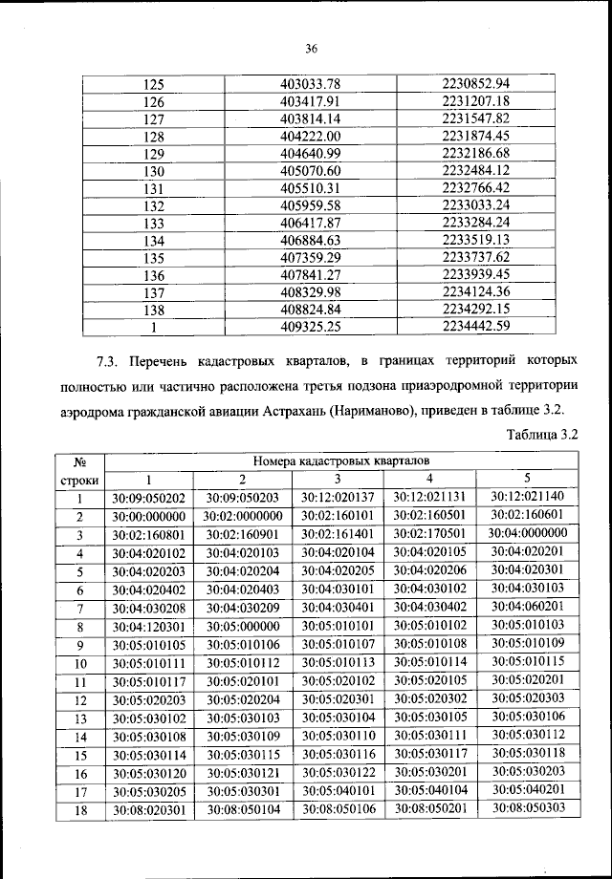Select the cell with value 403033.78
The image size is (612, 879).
pos(311,84)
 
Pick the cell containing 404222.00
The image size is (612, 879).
pos(311,137)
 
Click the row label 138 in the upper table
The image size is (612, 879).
pos(154,310)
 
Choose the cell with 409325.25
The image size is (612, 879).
pos(311,327)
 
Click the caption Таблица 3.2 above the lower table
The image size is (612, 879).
pos(540,435)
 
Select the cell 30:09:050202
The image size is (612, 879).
pos(147,498)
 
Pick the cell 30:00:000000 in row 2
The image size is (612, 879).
pos(147,516)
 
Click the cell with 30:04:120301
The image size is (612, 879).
pos(147,627)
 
